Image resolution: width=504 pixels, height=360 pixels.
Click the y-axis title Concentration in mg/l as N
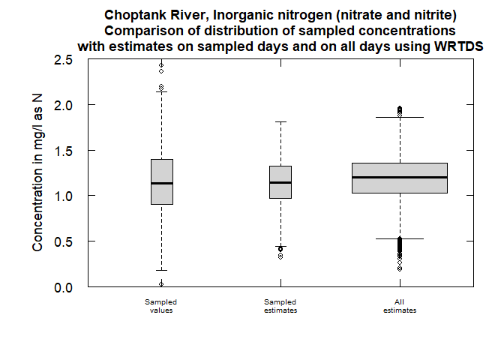pos(38,173)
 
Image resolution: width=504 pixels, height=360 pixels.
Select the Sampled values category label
pos(161,305)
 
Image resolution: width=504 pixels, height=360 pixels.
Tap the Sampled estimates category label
pos(280,305)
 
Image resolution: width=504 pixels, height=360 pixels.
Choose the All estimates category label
pos(400,305)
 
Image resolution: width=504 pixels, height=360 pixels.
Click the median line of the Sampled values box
pos(161,183)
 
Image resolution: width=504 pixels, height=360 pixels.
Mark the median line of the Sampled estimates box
pos(280,182)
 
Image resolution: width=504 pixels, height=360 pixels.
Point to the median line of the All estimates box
pos(400,177)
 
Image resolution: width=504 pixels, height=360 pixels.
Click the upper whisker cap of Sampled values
pos(161,92)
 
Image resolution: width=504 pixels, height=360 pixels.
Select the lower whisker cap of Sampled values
pos(161,270)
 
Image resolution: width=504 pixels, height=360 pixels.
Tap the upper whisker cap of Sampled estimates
pos(280,121)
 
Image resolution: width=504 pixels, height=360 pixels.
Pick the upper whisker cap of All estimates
pos(400,117)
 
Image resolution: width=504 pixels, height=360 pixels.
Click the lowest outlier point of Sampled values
pos(161,283)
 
